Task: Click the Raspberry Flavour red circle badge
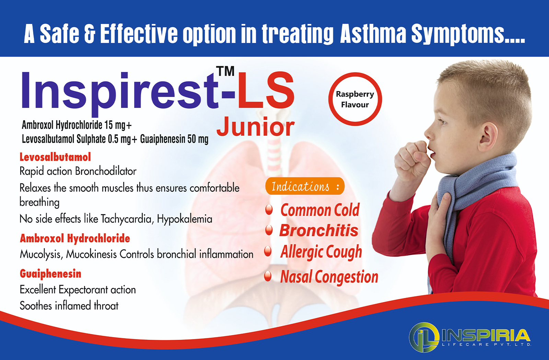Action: pyautogui.click(x=355, y=99)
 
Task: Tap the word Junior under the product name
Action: pyautogui.click(x=255, y=127)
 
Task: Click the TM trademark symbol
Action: pyautogui.click(x=225, y=71)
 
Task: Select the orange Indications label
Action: pyautogui.click(x=305, y=186)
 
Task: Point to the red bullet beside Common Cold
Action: pyautogui.click(x=269, y=209)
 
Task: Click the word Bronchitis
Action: pyautogui.click(x=319, y=230)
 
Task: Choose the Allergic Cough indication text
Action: pyautogui.click(x=321, y=252)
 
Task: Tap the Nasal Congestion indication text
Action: pyautogui.click(x=329, y=277)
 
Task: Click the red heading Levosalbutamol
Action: pyautogui.click(x=55, y=157)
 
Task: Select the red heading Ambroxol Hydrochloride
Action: pyautogui.click(x=75, y=238)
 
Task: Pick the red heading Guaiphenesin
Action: pyautogui.click(x=50, y=274)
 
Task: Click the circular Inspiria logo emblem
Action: pyautogui.click(x=424, y=337)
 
